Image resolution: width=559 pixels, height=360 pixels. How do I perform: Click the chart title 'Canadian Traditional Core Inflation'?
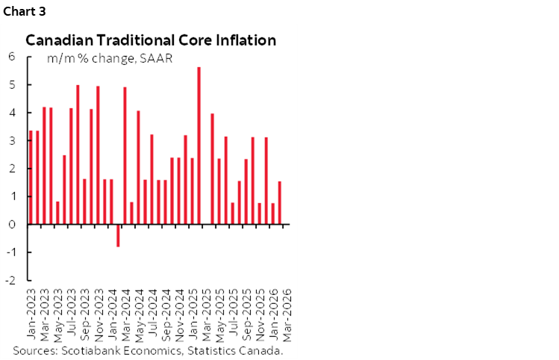151,40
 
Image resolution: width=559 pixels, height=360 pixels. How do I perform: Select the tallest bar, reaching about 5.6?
199,146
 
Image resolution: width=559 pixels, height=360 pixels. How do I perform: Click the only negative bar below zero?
118,235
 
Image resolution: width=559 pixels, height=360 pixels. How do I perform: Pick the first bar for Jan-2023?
31,177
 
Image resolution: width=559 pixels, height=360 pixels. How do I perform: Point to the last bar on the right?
280,202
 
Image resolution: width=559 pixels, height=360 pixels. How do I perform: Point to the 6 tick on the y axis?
12,56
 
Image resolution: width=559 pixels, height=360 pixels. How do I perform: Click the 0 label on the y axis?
12,224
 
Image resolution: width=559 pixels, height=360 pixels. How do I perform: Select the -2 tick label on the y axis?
10,281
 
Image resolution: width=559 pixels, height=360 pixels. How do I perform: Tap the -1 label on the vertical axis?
10,252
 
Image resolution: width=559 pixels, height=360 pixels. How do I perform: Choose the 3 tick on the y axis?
12,140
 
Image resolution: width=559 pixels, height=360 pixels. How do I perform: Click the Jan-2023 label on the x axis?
31,312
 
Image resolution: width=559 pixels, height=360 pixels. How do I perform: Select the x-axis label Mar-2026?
287,312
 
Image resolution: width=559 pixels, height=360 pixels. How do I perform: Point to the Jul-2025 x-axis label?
234,312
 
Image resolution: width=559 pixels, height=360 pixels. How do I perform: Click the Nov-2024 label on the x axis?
179,312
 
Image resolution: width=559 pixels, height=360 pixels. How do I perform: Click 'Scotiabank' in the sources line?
87,350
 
